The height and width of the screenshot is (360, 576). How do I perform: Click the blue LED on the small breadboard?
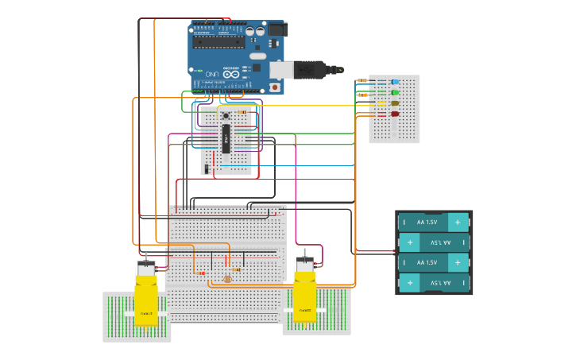[x=395, y=82]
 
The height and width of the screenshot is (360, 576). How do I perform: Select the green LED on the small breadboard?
[x=395, y=93]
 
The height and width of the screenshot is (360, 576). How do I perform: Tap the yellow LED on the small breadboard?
[x=395, y=103]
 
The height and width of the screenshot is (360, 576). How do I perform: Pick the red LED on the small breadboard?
[x=395, y=114]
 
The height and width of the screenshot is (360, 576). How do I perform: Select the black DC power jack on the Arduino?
[x=276, y=29]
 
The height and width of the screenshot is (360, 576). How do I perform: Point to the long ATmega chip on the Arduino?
[x=217, y=41]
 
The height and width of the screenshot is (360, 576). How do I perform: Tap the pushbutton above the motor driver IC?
[x=226, y=114]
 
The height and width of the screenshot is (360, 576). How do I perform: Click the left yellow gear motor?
[x=145, y=296]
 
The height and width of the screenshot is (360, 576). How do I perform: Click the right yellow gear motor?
[x=304, y=294]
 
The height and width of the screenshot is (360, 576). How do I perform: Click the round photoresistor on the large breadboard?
[x=228, y=279]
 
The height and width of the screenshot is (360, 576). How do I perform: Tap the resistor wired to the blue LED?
[x=363, y=81]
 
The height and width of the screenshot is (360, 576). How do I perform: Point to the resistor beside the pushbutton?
[x=242, y=112]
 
